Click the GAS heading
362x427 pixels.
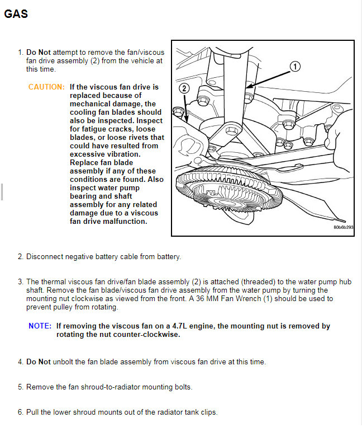point(16,14)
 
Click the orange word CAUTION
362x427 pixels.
point(46,87)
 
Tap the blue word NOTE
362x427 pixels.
point(40,326)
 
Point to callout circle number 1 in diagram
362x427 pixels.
point(294,67)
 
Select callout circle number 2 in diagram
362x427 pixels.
point(185,88)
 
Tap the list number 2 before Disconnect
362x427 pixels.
point(20,257)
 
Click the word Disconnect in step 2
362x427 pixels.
point(46,257)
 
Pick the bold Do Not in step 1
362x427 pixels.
point(39,53)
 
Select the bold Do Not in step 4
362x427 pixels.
point(39,362)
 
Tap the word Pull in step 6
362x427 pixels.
point(34,412)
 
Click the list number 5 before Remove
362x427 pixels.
point(20,387)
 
